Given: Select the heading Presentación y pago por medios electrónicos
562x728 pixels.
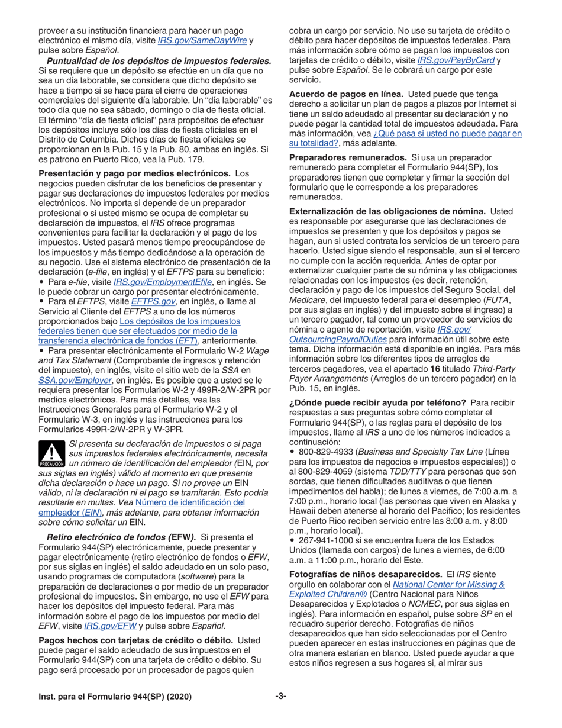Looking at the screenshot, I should point(134,173).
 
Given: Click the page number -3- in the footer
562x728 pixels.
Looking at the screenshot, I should point(280,697).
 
